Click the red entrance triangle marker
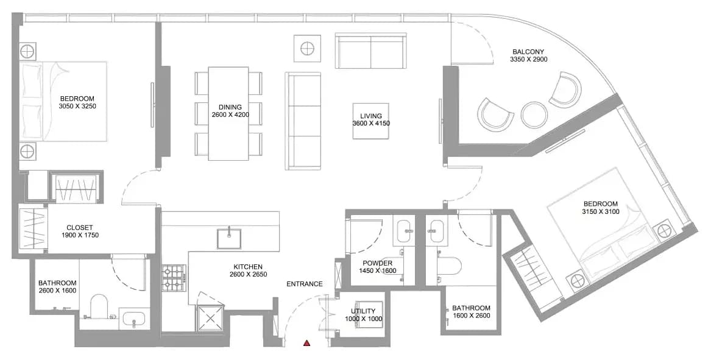coord(307,344)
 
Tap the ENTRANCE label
coord(304,284)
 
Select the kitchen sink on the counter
coord(229,239)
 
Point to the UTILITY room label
coord(363,311)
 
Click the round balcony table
coord(534,115)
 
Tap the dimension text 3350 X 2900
coord(529,59)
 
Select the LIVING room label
coord(370,116)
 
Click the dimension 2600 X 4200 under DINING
coord(230,115)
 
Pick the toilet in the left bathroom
coord(99,306)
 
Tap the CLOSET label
coord(79,228)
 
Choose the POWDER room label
coord(378,263)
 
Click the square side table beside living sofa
coord(308,48)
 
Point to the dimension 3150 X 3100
coord(600,211)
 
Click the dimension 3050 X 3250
coord(77,107)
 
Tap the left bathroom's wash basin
coord(134,319)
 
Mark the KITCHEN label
coord(248,267)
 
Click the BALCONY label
coord(528,52)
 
